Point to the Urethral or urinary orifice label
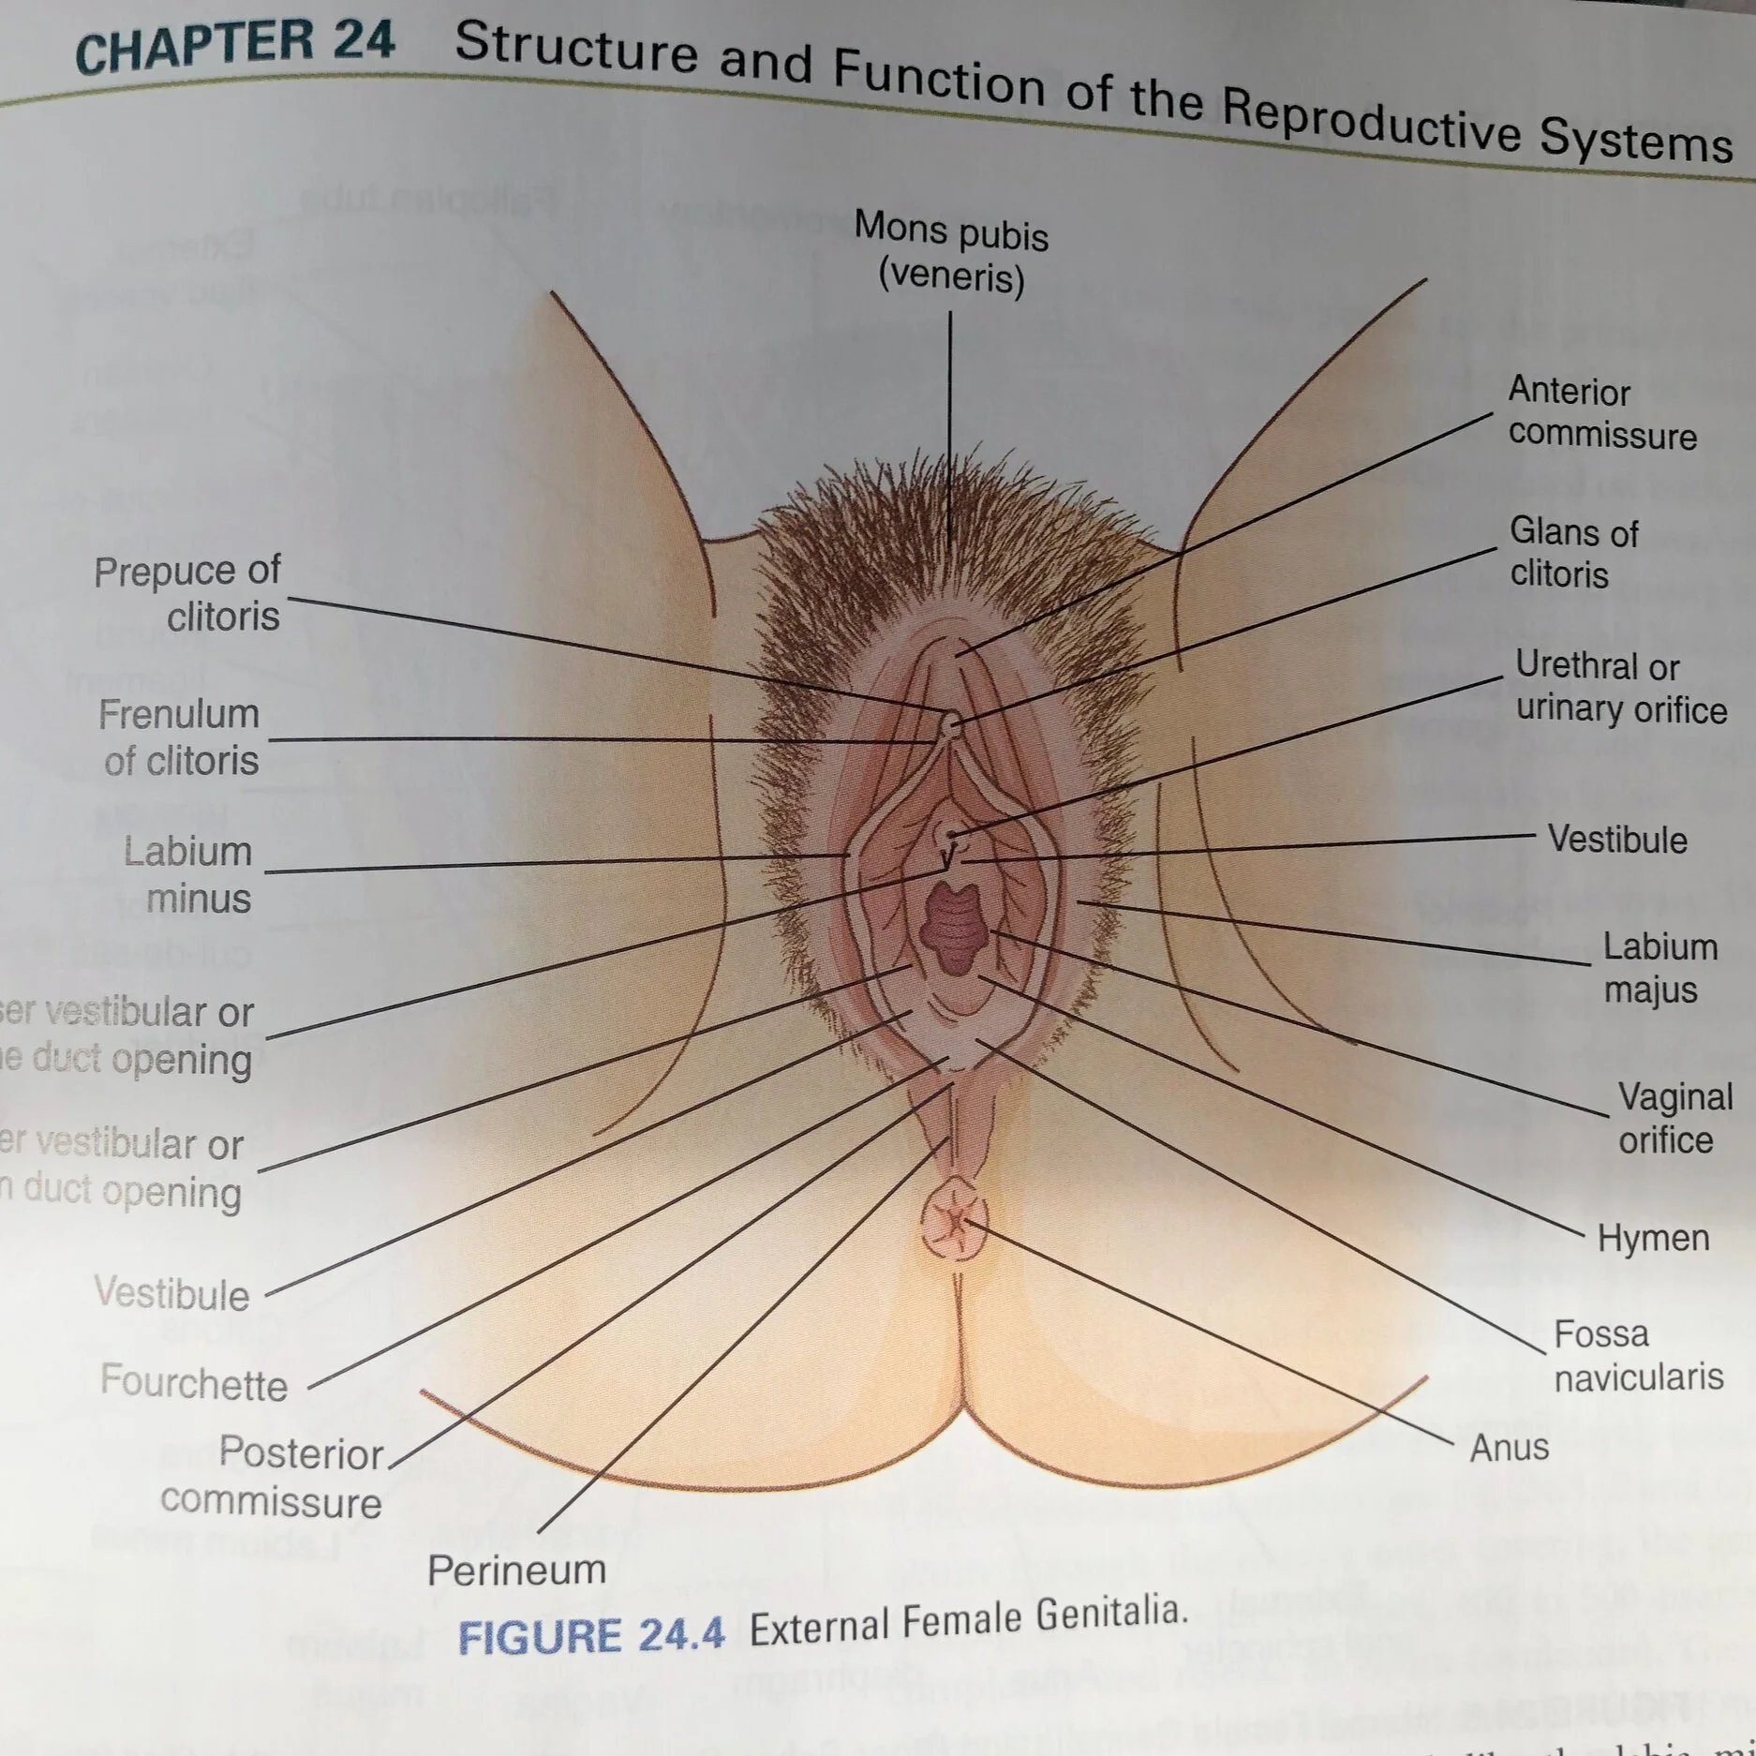pyautogui.click(x=1620, y=688)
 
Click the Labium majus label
pyautogui.click(x=1659, y=967)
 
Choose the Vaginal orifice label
pyautogui.click(x=1674, y=1118)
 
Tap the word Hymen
pyautogui.click(x=1653, y=1238)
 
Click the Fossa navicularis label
pyautogui.click(x=1637, y=1355)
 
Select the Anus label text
pyautogui.click(x=1509, y=1448)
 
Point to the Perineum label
pyautogui.click(x=516, y=1570)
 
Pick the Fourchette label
pyautogui.click(x=194, y=1383)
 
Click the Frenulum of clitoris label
pyautogui.click(x=180, y=737)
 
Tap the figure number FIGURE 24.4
pyautogui.click(x=591, y=1636)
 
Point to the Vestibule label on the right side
pyautogui.click(x=1616, y=840)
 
